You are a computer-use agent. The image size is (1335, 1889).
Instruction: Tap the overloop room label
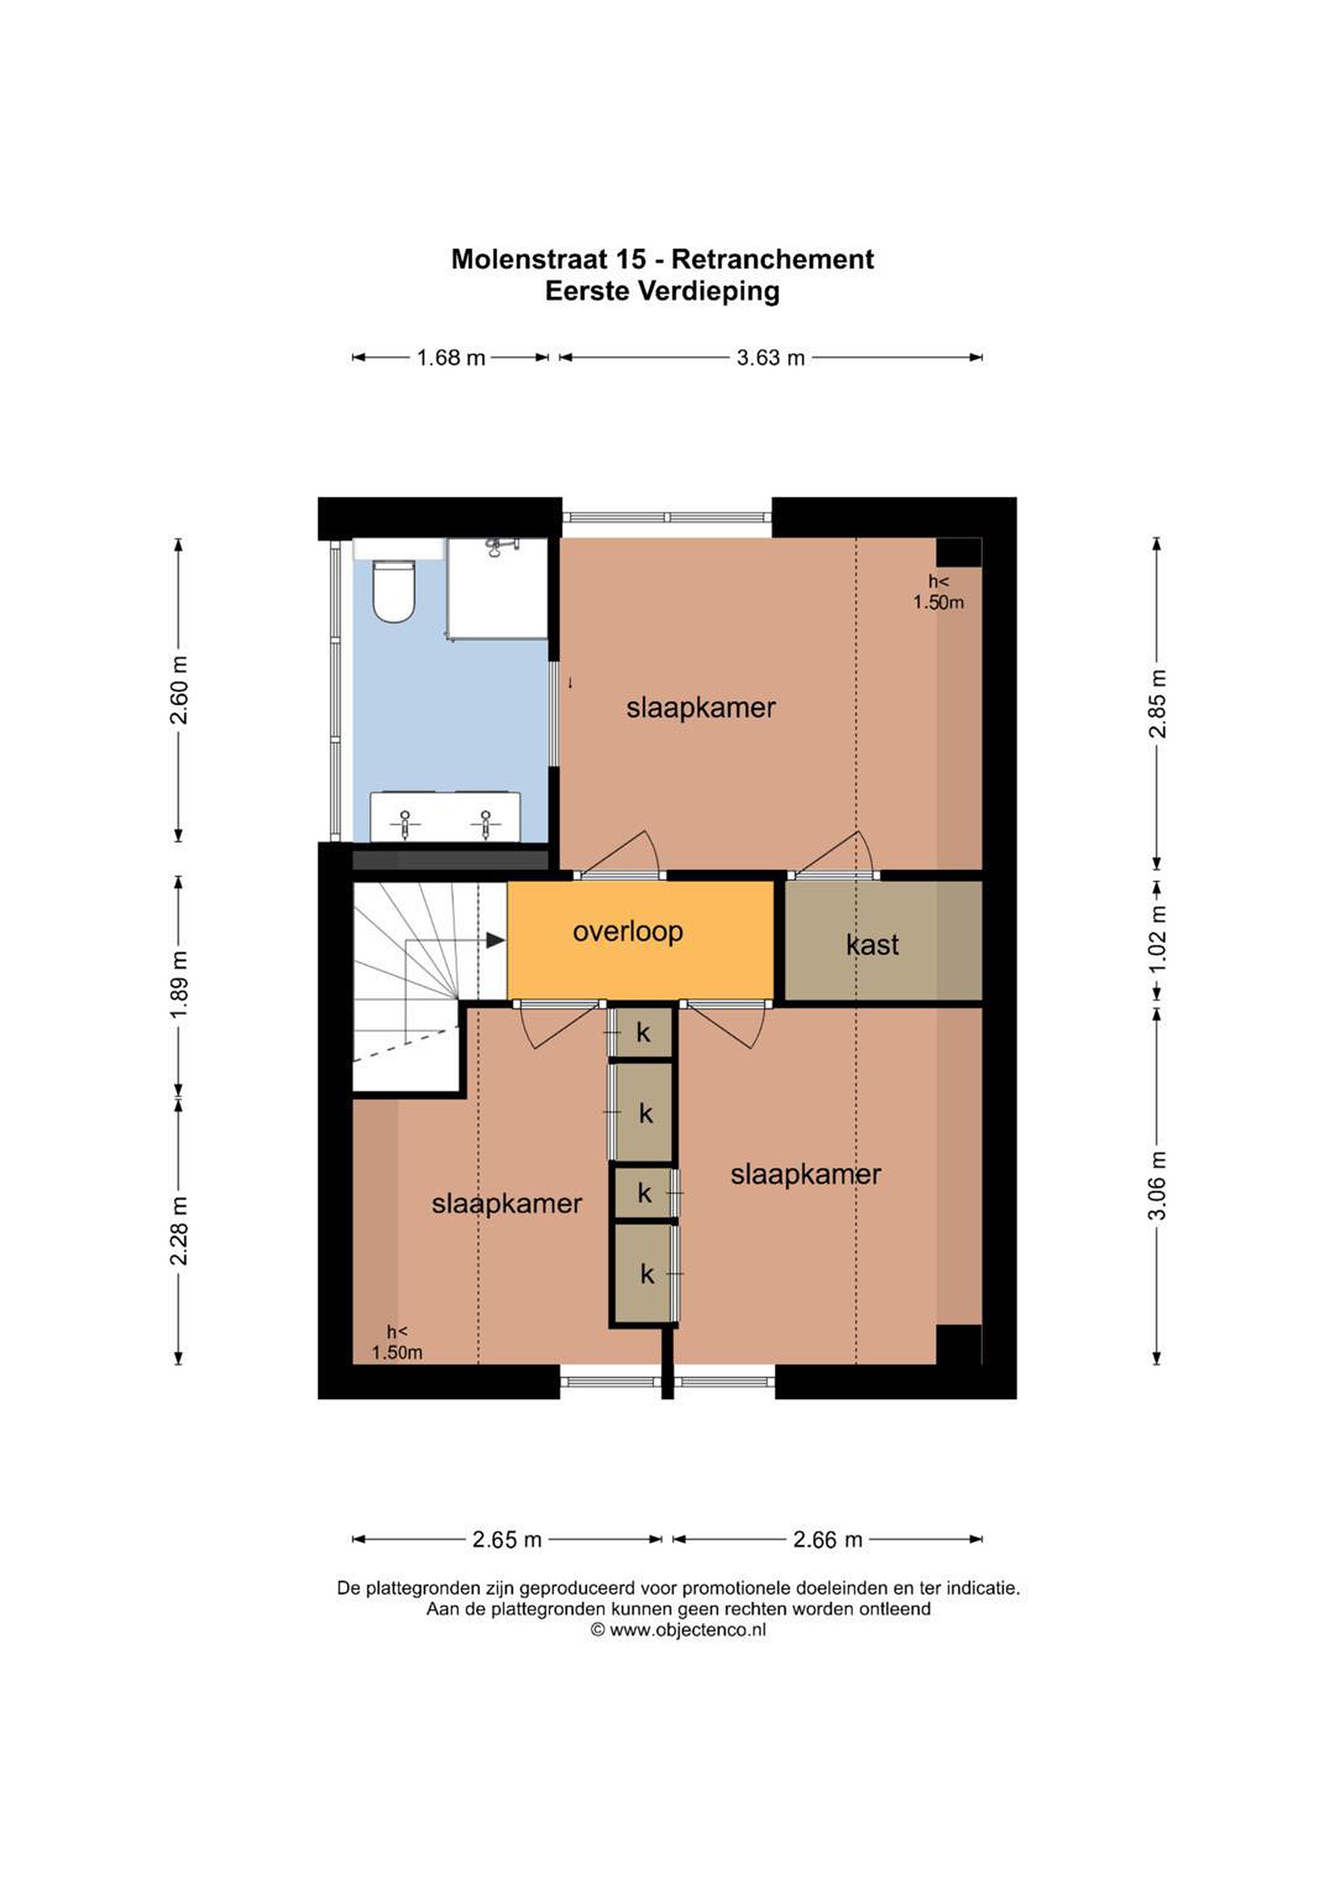[x=628, y=931]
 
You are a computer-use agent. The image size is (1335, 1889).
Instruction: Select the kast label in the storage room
[x=872, y=944]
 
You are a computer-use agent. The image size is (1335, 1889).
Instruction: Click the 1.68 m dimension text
[x=450, y=358]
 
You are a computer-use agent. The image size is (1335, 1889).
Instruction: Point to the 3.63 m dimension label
[x=770, y=358]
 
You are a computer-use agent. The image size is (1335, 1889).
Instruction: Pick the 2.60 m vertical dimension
[x=178, y=689]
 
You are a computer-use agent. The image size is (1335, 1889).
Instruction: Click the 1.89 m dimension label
[x=178, y=984]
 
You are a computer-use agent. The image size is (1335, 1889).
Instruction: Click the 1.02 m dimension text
[x=1157, y=938]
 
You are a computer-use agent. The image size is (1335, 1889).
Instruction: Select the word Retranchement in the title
[x=772, y=259]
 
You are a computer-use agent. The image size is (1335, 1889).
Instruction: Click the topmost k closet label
[x=643, y=1032]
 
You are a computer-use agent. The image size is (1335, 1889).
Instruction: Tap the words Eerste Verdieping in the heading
[x=662, y=291]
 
